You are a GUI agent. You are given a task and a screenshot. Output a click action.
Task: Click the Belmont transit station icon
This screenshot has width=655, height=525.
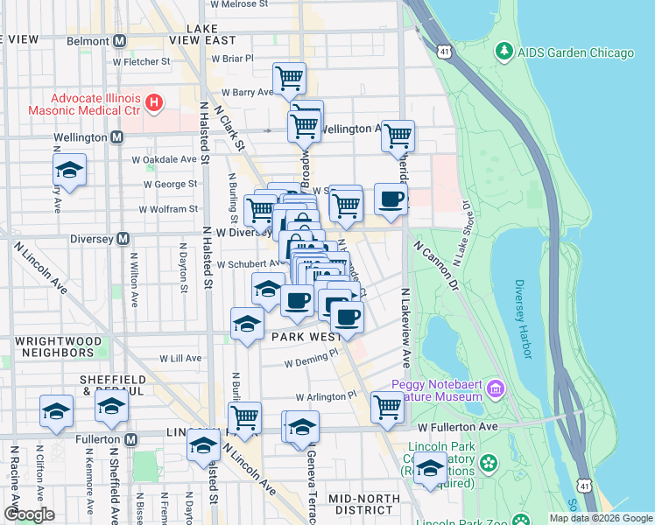pyautogui.click(x=120, y=40)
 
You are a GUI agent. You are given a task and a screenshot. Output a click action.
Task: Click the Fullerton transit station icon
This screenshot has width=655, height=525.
pyautogui.click(x=130, y=438)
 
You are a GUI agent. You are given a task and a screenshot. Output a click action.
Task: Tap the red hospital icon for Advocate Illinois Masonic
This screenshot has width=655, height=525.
pyautogui.click(x=154, y=104)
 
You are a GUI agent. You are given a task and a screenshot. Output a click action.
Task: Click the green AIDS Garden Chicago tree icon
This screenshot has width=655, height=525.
pyautogui.click(x=504, y=52)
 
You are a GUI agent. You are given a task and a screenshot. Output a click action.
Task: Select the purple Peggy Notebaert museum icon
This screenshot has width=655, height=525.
pyautogui.click(x=496, y=387)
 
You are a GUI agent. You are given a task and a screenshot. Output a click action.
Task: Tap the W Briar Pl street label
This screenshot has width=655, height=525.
pyautogui.click(x=232, y=59)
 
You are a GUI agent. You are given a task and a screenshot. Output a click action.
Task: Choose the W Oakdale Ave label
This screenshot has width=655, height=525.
pyautogui.click(x=165, y=159)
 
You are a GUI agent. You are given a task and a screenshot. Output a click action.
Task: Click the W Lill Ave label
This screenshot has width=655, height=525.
pyautogui.click(x=180, y=358)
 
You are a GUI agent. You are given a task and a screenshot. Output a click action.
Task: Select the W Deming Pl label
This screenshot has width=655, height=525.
pyautogui.click(x=311, y=360)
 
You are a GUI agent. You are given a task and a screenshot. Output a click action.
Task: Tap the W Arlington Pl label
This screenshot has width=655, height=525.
pyautogui.click(x=327, y=395)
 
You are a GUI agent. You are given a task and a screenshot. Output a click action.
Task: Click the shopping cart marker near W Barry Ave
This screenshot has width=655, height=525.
pyautogui.click(x=289, y=80)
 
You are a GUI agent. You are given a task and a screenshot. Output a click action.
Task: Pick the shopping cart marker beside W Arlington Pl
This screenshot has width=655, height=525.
pyautogui.click(x=386, y=406)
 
